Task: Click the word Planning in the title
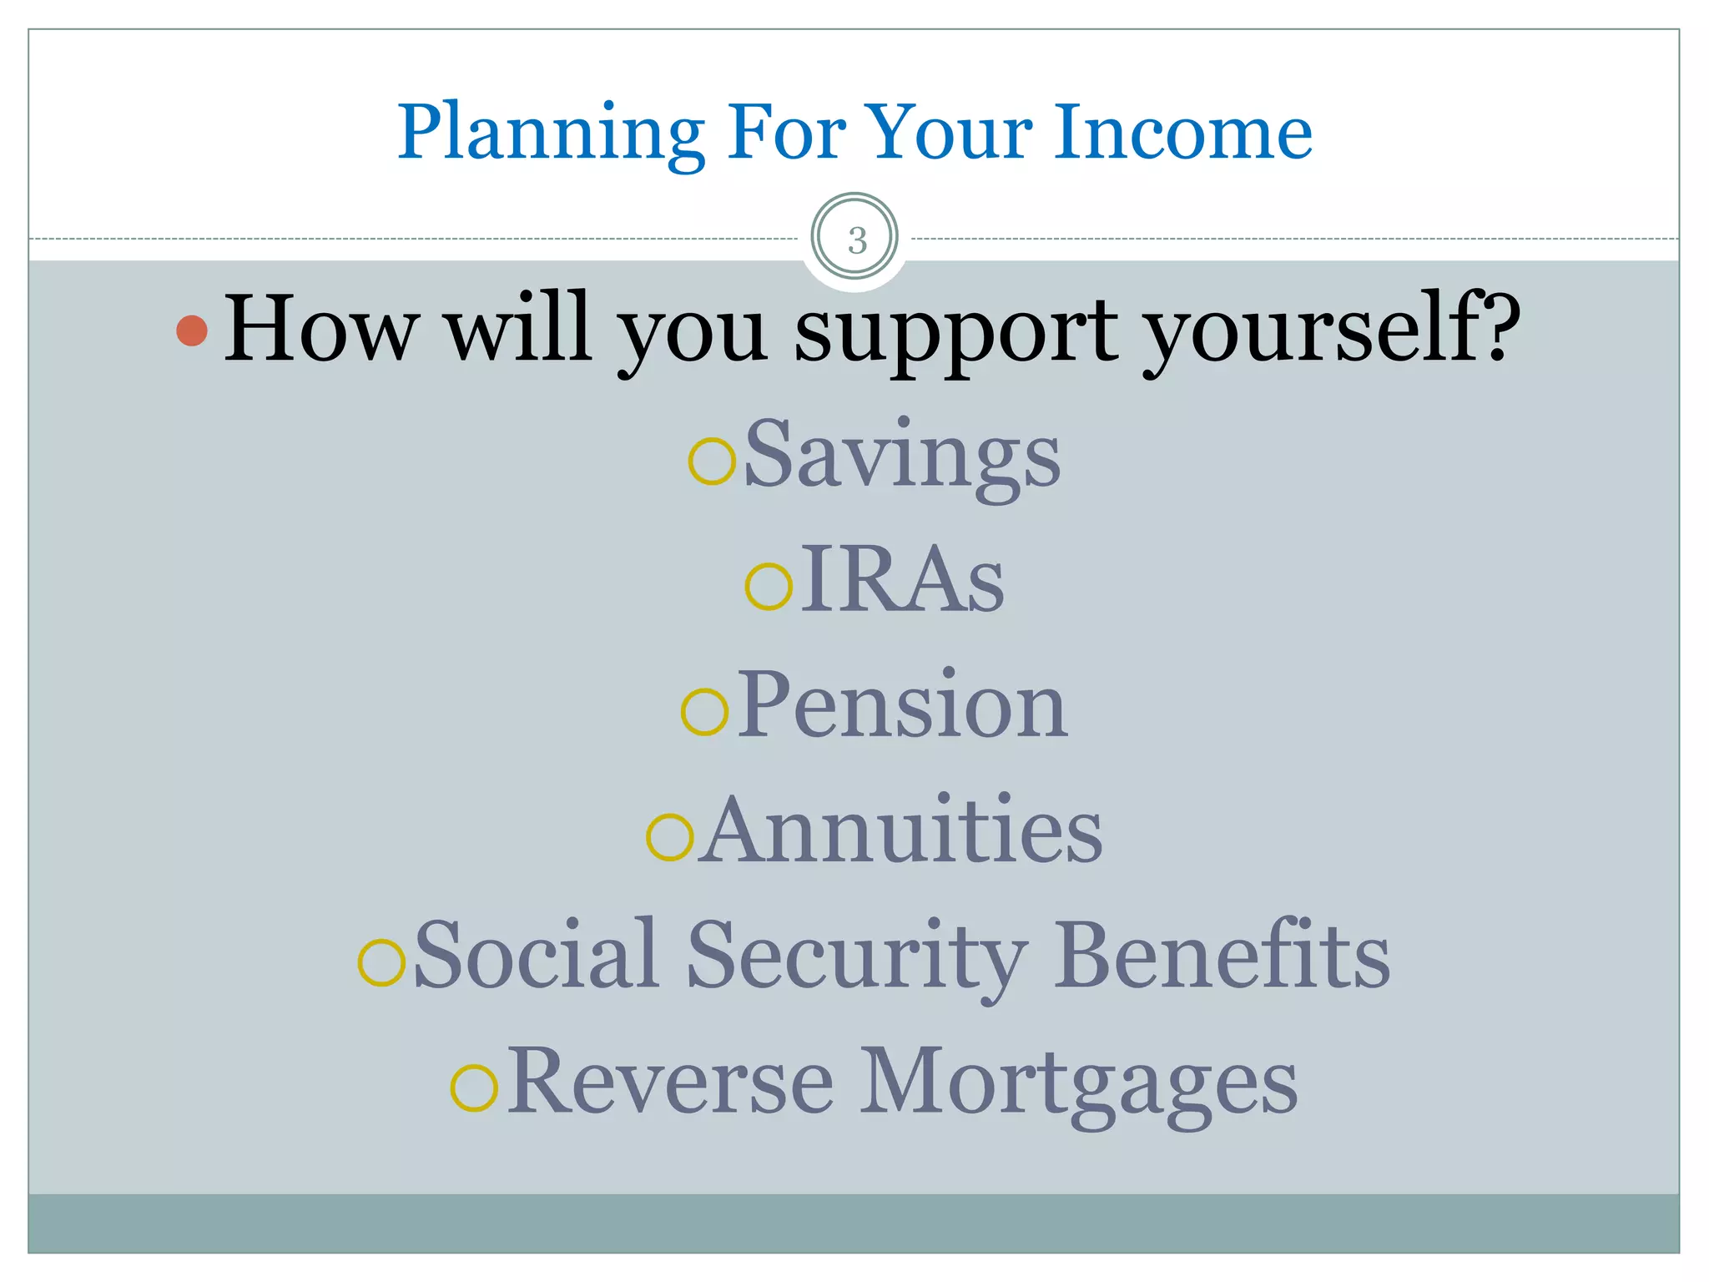551,134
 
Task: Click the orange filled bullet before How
192,331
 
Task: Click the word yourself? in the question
1332,331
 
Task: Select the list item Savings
901,457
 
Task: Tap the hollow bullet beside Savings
712,461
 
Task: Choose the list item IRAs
902,581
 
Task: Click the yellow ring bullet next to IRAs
768,586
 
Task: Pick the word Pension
901,706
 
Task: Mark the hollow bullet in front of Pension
705,712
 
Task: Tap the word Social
534,956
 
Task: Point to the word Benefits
1222,956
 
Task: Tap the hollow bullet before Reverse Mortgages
474,1088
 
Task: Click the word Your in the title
948,134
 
